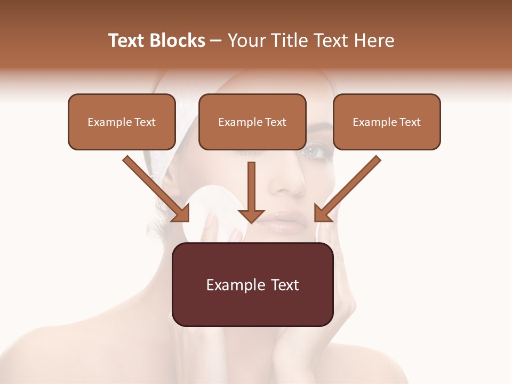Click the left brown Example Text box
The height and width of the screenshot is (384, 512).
pyautogui.click(x=122, y=122)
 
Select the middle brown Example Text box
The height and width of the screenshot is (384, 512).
pyautogui.click(x=252, y=122)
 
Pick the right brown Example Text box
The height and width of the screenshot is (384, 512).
pyautogui.click(x=387, y=122)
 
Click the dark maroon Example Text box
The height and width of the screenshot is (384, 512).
pyautogui.click(x=252, y=285)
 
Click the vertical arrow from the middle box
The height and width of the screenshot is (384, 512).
pyautogui.click(x=251, y=192)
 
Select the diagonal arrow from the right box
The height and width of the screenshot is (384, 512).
pyautogui.click(x=347, y=189)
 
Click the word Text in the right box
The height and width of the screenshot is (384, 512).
pyautogui.click(x=410, y=122)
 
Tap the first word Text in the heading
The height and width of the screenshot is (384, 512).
pyautogui.click(x=127, y=41)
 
